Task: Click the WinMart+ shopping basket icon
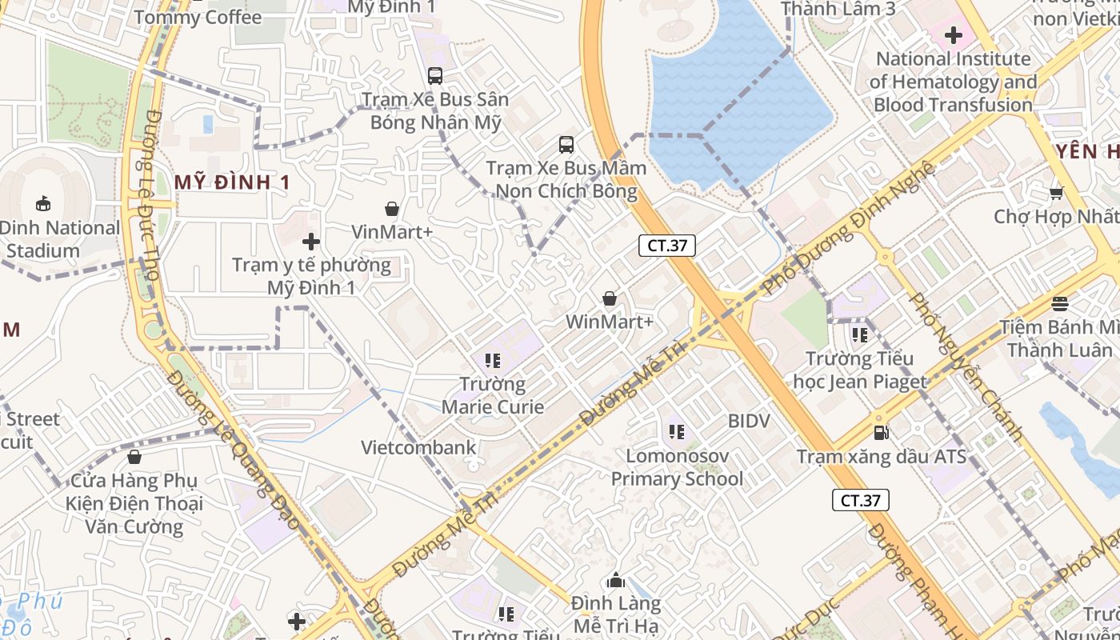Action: [610, 298]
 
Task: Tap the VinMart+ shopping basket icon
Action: [392, 209]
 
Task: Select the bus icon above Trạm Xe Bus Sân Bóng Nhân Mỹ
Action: [435, 76]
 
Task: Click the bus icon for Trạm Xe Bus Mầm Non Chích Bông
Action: [566, 145]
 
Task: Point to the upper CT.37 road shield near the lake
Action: [666, 246]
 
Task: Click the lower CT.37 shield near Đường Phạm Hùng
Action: [860, 501]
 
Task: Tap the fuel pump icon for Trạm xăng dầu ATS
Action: [882, 433]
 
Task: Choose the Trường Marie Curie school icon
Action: [493, 361]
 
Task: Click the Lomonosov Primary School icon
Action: [677, 433]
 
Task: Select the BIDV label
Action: [749, 421]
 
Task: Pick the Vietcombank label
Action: [418, 447]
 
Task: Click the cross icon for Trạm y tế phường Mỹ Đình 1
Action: [311, 241]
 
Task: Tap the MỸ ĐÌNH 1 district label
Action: [232, 182]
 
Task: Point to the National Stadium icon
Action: [43, 204]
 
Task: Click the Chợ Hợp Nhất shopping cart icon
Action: [1056, 193]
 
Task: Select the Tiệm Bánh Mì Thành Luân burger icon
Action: [1060, 304]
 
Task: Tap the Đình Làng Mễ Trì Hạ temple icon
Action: [616, 580]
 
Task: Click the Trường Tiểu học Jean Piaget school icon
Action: [860, 335]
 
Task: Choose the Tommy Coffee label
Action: [198, 17]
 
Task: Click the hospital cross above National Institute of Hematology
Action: [953, 35]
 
